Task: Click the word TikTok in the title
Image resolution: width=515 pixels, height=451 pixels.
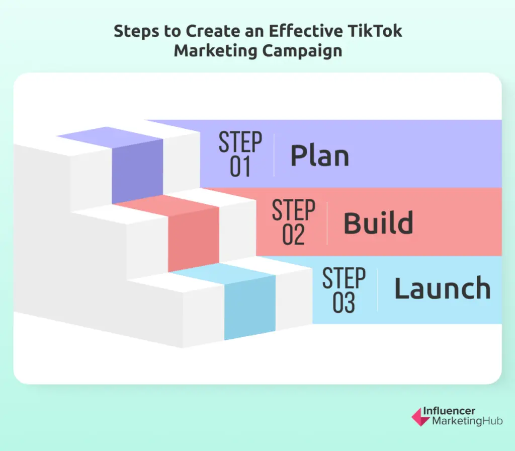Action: (x=375, y=31)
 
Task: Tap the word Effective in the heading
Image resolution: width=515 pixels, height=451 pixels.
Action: (x=306, y=31)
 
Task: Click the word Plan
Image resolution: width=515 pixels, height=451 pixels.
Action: (x=319, y=156)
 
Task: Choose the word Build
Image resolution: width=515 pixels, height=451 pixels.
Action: (x=378, y=223)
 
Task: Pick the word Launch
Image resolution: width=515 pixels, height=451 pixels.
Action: (x=443, y=288)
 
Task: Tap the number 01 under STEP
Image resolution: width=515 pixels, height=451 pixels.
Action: (x=240, y=167)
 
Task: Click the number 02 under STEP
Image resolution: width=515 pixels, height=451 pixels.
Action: (x=293, y=235)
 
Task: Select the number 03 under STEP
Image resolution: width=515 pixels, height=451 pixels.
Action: (x=344, y=303)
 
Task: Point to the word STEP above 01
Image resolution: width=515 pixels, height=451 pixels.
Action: (x=240, y=142)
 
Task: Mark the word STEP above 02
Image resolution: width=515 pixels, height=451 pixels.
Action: (x=294, y=210)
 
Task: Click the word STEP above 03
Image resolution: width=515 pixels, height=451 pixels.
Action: (x=344, y=278)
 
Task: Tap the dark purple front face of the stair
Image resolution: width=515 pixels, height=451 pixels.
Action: (x=137, y=172)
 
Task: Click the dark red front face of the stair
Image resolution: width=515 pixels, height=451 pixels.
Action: (x=194, y=239)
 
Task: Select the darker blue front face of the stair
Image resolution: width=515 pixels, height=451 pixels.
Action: (x=249, y=308)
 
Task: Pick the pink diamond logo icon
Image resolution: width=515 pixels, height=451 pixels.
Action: (x=420, y=417)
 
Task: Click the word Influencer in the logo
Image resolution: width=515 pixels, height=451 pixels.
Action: (x=449, y=411)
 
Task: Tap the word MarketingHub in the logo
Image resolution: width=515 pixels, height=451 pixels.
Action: (x=467, y=421)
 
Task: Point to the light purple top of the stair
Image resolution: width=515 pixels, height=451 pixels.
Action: (x=110, y=137)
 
